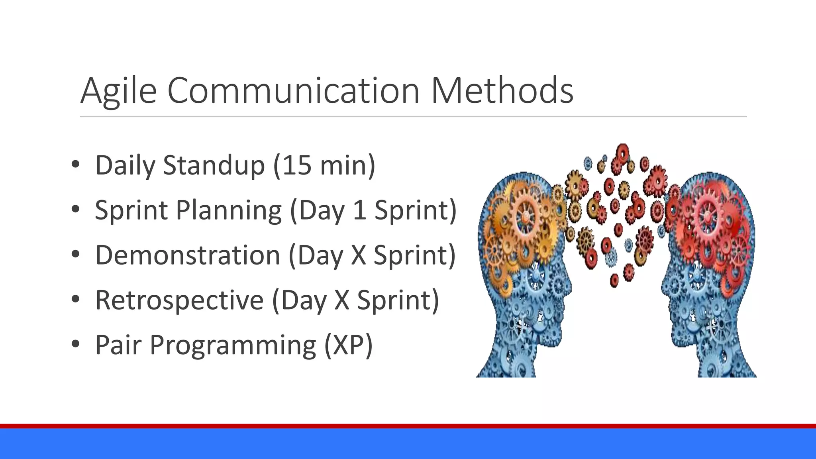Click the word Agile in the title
(118, 91)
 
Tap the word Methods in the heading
(502, 91)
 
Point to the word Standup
(214, 166)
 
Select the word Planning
(228, 211)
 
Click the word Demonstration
(188, 255)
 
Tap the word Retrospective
(179, 300)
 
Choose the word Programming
(233, 345)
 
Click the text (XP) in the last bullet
(348, 345)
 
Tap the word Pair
(118, 345)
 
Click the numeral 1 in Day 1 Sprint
(359, 210)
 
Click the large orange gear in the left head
(526, 217)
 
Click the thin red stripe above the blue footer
(408, 426)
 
